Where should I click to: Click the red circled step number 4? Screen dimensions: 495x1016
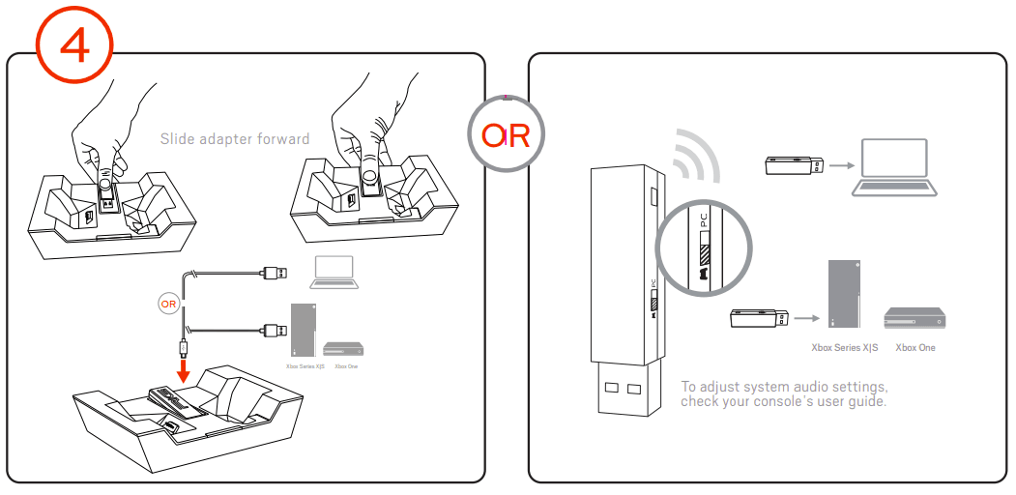pos(75,44)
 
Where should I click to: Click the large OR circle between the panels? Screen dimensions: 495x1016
pos(507,134)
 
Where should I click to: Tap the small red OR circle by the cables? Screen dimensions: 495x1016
pos(167,304)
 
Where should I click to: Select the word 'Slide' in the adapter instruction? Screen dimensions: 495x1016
pos(179,139)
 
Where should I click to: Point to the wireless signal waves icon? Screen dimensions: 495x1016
pos(697,155)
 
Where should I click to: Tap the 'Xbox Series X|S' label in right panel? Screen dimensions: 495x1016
pos(844,347)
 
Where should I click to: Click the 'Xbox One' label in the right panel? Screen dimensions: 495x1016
pos(915,347)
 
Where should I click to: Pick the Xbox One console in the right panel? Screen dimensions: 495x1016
pos(914,318)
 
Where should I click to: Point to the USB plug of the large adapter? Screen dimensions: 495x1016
pos(620,391)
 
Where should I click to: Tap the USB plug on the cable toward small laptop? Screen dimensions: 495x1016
pos(275,274)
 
